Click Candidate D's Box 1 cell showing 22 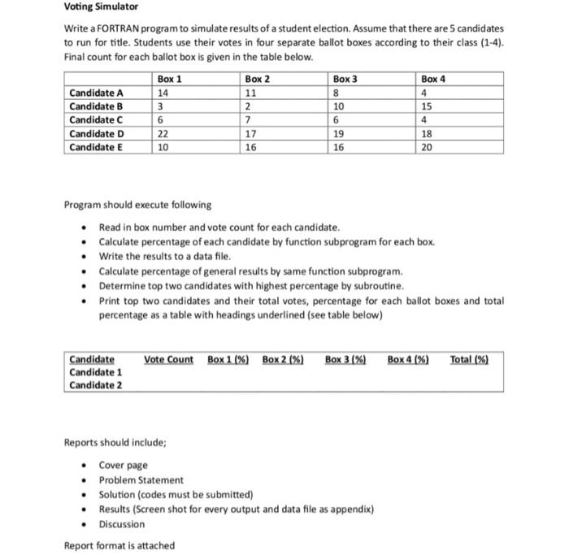pyautogui.click(x=163, y=134)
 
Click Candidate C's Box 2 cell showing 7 pyautogui.click(x=249, y=120)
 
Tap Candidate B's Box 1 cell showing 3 pyautogui.click(x=161, y=106)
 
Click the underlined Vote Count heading pyautogui.click(x=168, y=359)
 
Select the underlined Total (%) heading pyautogui.click(x=469, y=359)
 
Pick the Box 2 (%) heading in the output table pyautogui.click(x=283, y=359)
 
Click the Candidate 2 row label pyautogui.click(x=96, y=384)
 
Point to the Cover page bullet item pyautogui.click(x=123, y=466)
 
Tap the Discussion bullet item pyautogui.click(x=122, y=524)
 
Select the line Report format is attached pyautogui.click(x=119, y=545)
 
